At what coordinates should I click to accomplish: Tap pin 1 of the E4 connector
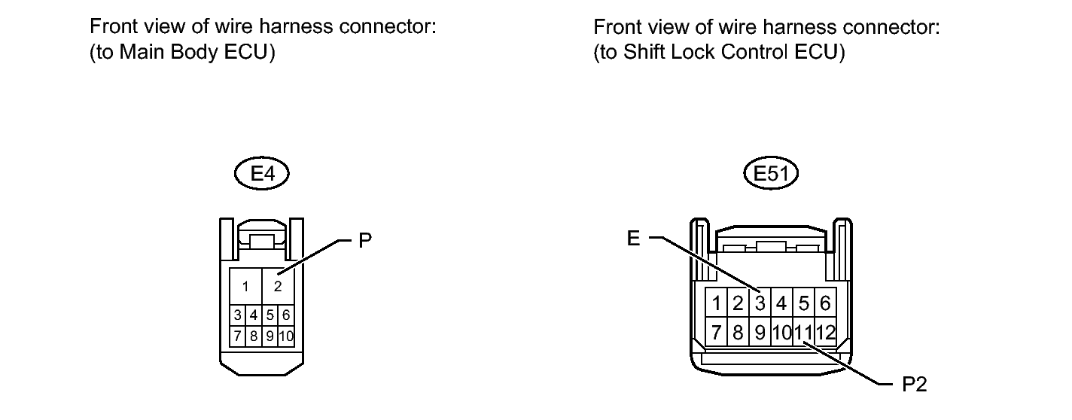tap(245, 286)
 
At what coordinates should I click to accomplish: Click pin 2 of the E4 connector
tap(278, 286)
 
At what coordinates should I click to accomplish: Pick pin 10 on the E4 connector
tap(285, 335)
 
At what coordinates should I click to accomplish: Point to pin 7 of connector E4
tap(237, 335)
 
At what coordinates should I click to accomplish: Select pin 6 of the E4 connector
tap(285, 315)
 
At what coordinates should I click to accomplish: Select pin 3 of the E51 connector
tap(760, 303)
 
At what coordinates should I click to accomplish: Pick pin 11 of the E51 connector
tap(803, 331)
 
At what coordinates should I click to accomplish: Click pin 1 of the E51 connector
tap(717, 303)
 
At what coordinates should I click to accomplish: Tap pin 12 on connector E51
tap(826, 331)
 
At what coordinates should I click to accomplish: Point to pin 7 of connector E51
tap(717, 331)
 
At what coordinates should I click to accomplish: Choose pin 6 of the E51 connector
tap(825, 303)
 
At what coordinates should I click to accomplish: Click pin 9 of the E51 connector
tap(760, 331)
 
